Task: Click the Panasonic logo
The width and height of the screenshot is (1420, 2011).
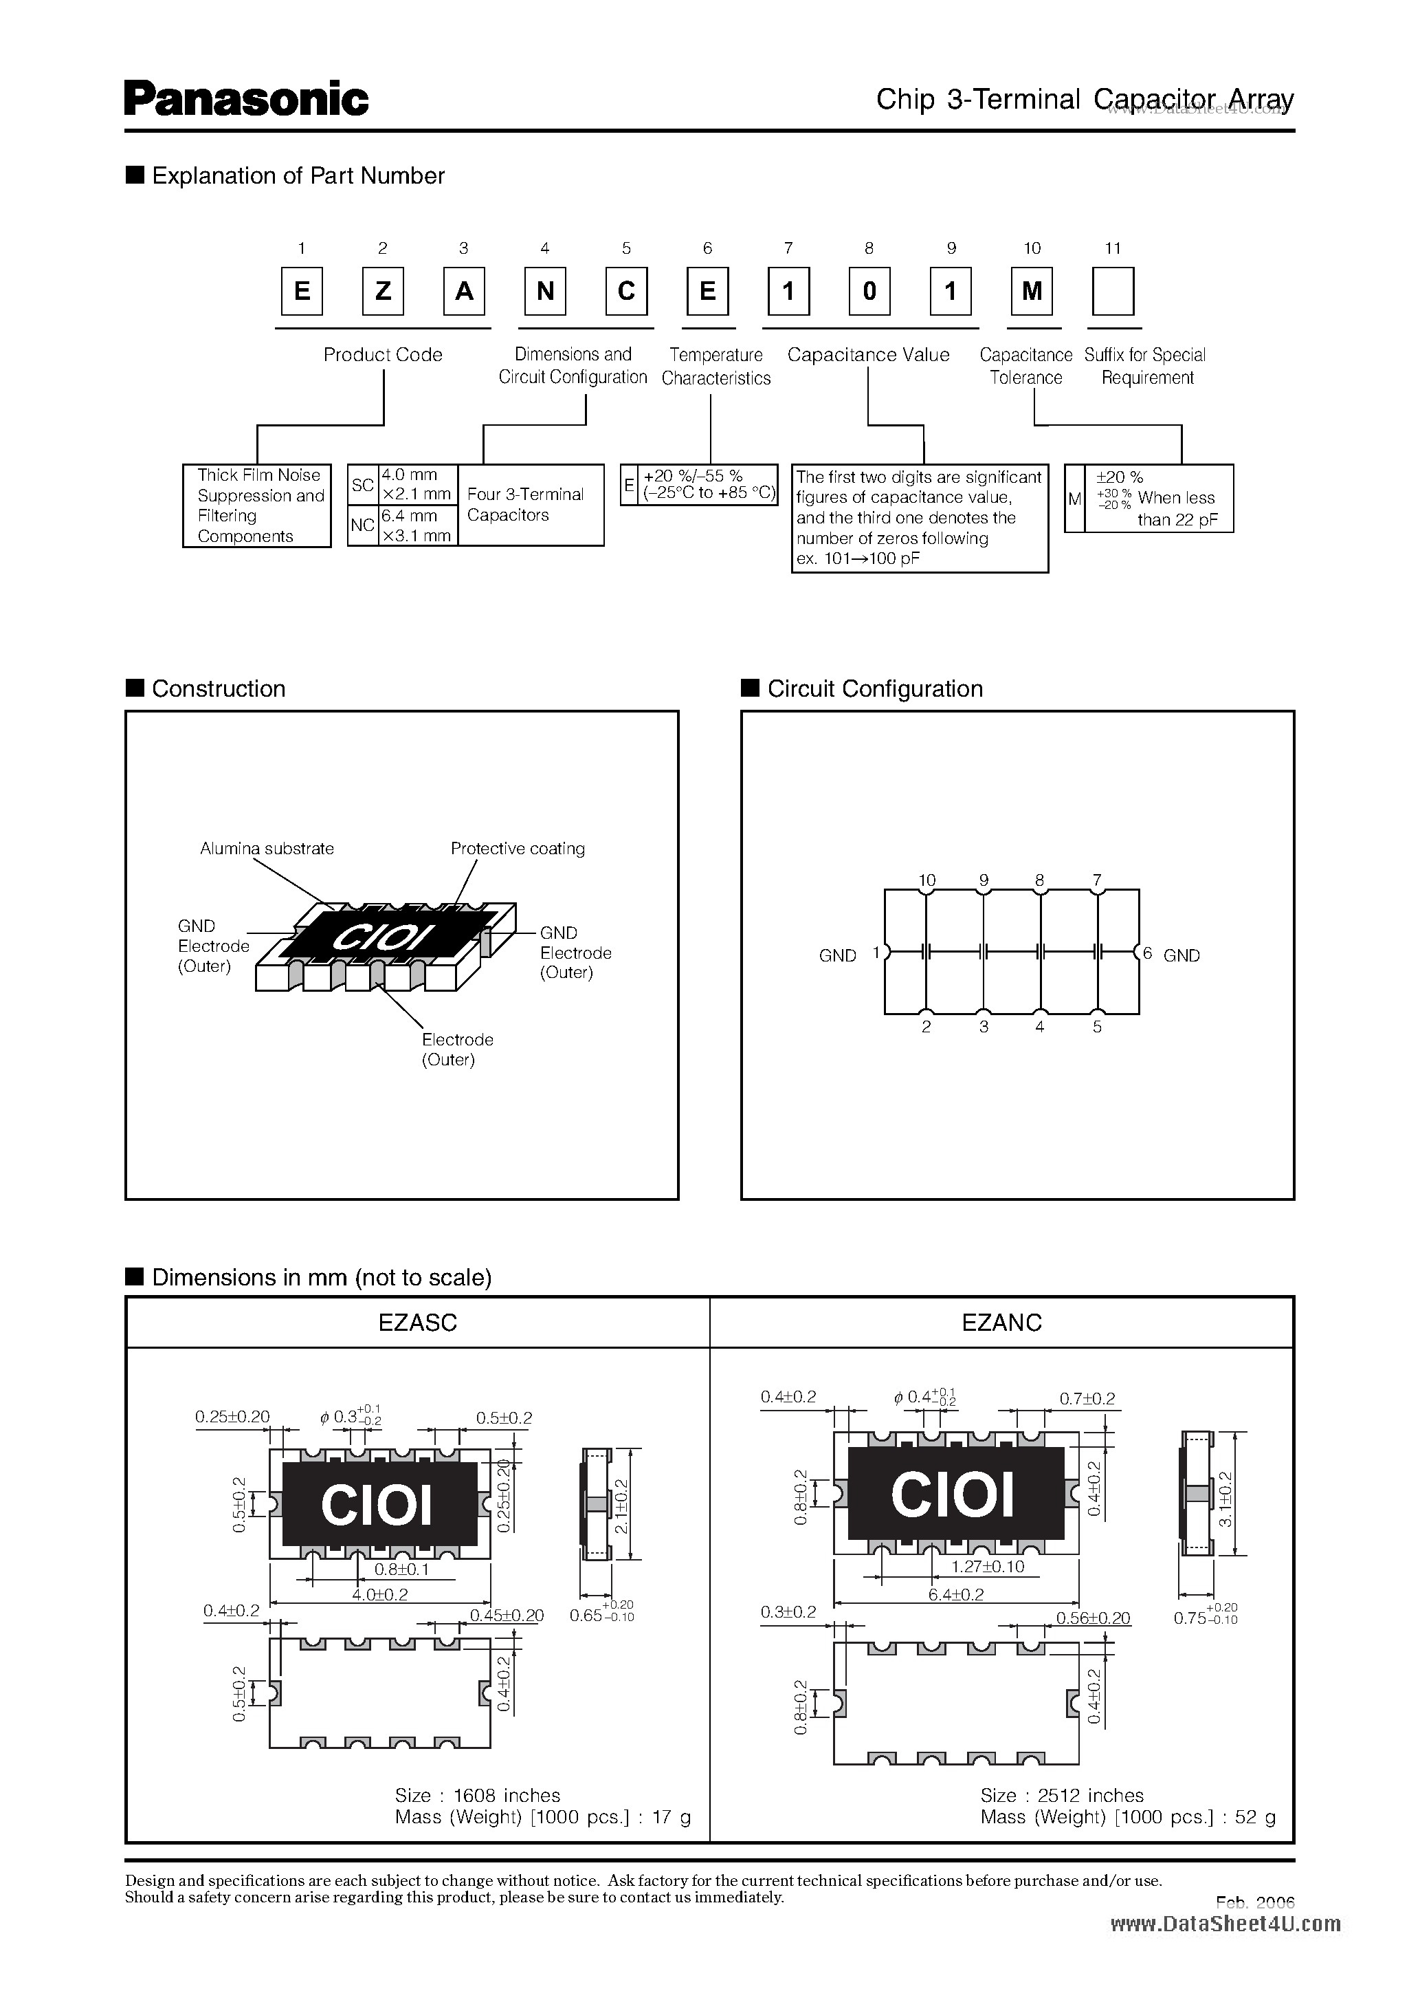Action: (246, 99)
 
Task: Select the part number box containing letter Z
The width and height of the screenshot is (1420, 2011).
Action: (383, 291)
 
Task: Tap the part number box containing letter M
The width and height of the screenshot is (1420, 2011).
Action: (1031, 291)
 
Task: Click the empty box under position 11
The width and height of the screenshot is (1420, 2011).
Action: (1113, 291)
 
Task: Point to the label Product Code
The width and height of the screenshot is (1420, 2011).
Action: (383, 355)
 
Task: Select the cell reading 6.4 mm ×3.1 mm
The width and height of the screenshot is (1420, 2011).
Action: (416, 525)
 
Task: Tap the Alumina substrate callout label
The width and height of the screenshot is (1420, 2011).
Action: (267, 848)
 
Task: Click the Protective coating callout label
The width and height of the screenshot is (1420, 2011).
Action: (518, 848)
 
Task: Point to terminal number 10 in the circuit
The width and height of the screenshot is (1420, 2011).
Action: (927, 880)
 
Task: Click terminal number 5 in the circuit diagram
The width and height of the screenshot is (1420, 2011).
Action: (1097, 1027)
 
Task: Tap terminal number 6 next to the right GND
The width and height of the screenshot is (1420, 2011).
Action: (1147, 954)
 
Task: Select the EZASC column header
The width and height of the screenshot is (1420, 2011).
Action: (418, 1323)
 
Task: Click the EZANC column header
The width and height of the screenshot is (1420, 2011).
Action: (1001, 1323)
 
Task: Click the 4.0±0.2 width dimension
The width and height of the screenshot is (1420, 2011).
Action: (380, 1594)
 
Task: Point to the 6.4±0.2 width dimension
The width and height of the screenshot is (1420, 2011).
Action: (956, 1594)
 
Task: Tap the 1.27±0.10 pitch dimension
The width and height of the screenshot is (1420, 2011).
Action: (988, 1566)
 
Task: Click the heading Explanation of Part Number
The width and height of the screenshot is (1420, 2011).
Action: (298, 176)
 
